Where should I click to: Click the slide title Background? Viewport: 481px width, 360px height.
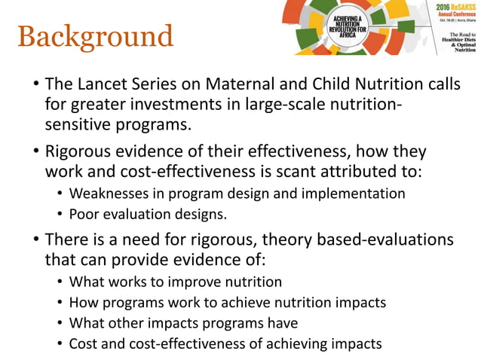click(x=95, y=37)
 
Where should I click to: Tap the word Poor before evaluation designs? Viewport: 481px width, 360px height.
click(x=84, y=214)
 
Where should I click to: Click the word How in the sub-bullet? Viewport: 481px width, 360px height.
click(x=82, y=303)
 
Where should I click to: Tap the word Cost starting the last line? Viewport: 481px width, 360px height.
click(x=84, y=344)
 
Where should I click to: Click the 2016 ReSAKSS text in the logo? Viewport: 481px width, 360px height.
click(x=455, y=8)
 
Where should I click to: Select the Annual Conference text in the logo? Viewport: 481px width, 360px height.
click(x=455, y=14)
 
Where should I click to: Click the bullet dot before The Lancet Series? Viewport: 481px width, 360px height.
click(x=35, y=85)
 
